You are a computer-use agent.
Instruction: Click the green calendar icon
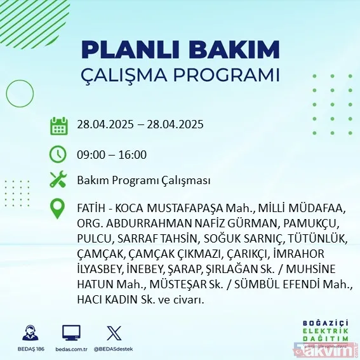58,125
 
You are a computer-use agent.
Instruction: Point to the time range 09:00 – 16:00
112,155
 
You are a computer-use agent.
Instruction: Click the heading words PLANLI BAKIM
180,49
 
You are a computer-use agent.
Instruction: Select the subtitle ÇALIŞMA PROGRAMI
180,75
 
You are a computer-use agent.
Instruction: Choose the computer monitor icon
71,333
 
